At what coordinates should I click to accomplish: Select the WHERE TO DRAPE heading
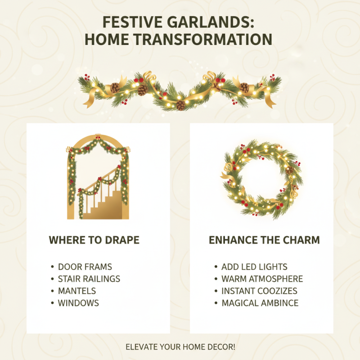tap(94, 240)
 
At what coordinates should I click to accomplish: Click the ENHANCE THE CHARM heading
tap(264, 240)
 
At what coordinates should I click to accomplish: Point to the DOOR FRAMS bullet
tap(85, 267)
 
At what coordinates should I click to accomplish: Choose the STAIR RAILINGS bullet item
tap(89, 279)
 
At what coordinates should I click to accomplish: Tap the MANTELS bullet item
tap(77, 291)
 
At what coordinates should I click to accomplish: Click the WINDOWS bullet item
tap(78, 303)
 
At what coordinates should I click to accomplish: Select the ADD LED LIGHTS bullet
tap(254, 267)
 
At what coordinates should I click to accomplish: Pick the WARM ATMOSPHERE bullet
tap(262, 279)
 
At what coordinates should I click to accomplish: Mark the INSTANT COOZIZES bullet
tap(259, 291)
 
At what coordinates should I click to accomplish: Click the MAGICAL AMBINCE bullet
tap(260, 303)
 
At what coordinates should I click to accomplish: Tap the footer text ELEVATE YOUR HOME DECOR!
tap(180, 347)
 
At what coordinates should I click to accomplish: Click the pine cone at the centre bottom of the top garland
tap(180, 106)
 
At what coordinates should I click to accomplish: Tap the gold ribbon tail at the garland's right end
tap(270, 100)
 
